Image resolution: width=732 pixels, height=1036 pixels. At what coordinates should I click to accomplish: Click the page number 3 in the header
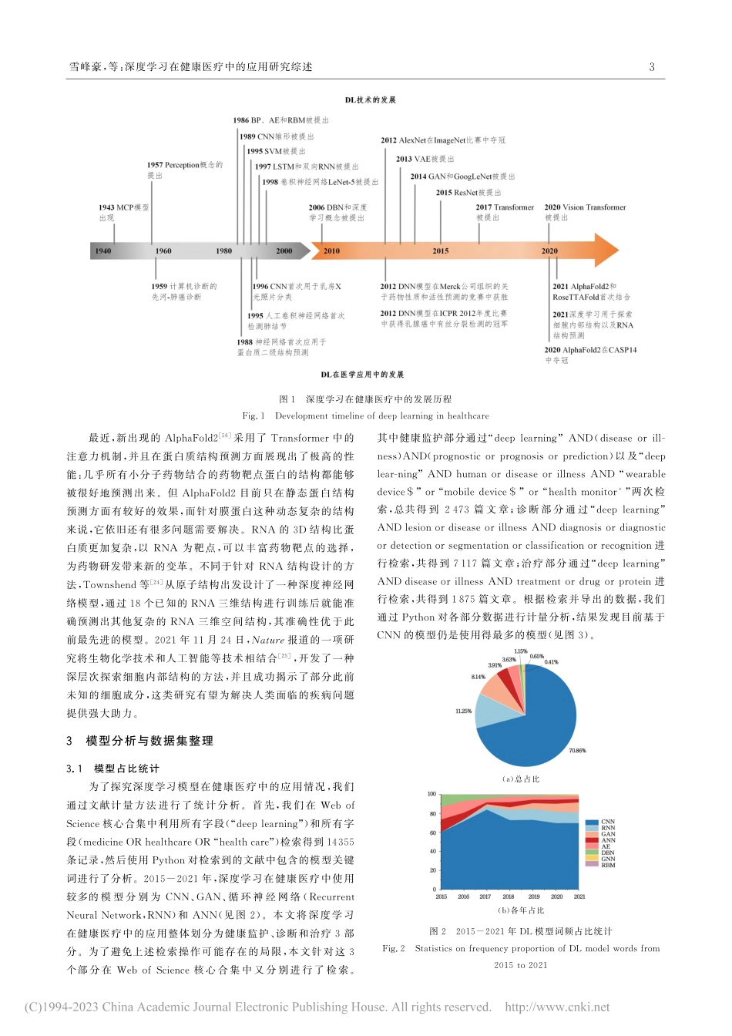[x=652, y=67]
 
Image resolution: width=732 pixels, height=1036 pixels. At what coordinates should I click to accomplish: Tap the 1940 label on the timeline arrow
[x=102, y=251]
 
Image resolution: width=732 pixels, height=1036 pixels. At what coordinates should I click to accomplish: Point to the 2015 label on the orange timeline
[x=440, y=251]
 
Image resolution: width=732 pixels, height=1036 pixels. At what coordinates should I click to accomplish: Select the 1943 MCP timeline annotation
[x=123, y=212]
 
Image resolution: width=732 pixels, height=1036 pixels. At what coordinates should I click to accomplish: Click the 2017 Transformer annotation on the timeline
[x=505, y=212]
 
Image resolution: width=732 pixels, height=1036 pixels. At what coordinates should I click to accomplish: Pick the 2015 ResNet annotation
[x=468, y=193]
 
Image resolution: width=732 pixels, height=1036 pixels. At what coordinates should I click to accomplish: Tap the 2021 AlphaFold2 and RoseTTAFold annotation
[x=591, y=291]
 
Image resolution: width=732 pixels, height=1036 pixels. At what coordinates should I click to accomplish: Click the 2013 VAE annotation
[x=425, y=159]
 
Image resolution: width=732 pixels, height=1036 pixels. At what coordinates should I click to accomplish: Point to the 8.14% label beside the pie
[x=478, y=677]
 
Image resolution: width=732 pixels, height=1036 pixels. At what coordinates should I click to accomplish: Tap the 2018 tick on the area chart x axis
[x=509, y=896]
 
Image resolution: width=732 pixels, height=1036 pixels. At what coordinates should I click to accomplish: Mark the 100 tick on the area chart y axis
[x=431, y=794]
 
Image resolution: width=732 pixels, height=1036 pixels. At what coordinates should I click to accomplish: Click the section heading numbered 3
[x=139, y=741]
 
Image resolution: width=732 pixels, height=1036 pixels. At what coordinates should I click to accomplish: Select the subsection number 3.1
[x=74, y=769]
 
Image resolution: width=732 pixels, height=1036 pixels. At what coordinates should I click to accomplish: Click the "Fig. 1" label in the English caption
[x=254, y=415]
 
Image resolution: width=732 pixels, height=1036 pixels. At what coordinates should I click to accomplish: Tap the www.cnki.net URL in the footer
[x=557, y=1007]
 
